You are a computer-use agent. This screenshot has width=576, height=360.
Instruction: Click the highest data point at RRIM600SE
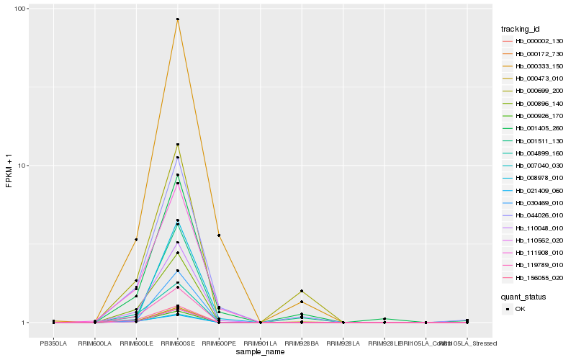[x=177, y=19]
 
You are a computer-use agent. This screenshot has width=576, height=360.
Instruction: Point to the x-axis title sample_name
[x=260, y=352]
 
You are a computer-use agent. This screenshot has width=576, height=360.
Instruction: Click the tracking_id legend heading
[x=521, y=29]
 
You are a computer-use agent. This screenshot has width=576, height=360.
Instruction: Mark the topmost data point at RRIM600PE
[x=219, y=235]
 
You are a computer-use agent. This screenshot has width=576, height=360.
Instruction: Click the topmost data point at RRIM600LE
[x=136, y=239]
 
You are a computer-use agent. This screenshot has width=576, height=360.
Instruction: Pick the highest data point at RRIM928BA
[x=302, y=291]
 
